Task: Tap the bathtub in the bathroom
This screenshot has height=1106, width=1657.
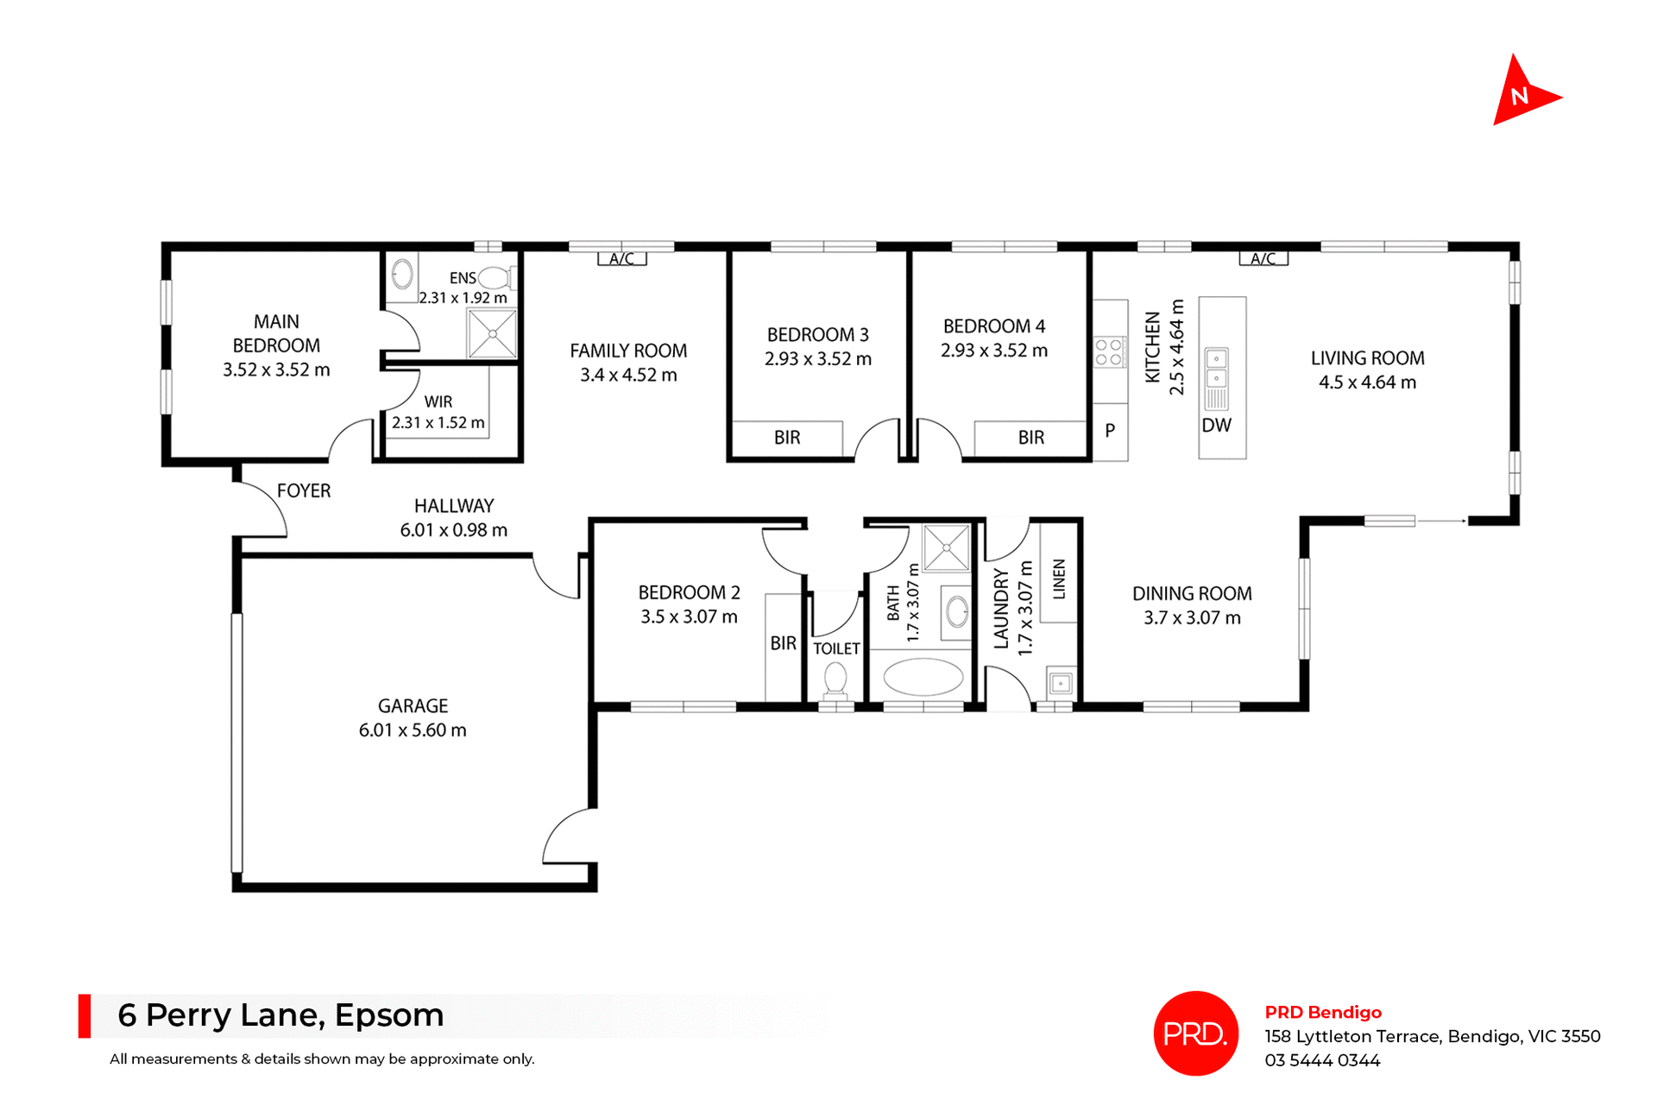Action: click(x=923, y=678)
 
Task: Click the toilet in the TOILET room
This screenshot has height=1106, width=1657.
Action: click(x=835, y=680)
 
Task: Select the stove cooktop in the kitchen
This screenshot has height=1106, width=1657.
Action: click(x=1109, y=352)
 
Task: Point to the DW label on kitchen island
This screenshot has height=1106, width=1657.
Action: click(x=1216, y=425)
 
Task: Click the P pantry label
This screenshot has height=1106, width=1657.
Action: click(x=1110, y=430)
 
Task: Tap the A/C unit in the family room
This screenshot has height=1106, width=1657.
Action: click(x=621, y=258)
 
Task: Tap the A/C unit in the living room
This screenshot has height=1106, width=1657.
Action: click(x=1263, y=258)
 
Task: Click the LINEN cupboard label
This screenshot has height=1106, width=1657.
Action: click(x=1059, y=579)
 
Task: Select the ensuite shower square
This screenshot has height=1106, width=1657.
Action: click(x=492, y=333)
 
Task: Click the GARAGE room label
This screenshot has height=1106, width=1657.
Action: click(x=413, y=705)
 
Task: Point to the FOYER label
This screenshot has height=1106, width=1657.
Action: click(x=304, y=490)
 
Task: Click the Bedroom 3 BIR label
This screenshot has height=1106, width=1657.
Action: click(x=786, y=438)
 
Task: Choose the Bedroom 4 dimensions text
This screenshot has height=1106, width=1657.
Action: click(x=993, y=351)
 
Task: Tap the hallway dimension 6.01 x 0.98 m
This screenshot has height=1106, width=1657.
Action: click(x=453, y=530)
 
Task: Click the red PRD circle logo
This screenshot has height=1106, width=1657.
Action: click(x=1195, y=1033)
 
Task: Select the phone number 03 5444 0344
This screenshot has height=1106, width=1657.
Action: click(x=1322, y=1060)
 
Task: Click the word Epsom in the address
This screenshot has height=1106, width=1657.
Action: click(x=388, y=1015)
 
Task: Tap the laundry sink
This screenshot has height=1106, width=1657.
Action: click(x=1061, y=683)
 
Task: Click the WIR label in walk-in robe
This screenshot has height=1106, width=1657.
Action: click(x=438, y=401)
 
